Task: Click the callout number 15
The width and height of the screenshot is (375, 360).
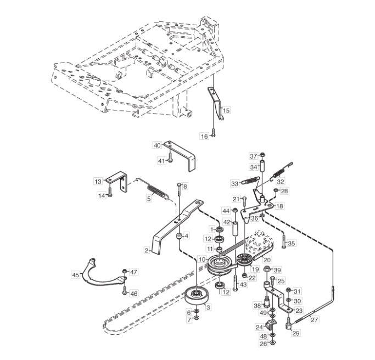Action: point(226,110)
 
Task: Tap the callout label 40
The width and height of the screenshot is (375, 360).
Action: point(158,145)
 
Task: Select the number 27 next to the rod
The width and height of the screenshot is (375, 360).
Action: point(314,319)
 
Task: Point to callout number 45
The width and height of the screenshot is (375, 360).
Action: point(76,275)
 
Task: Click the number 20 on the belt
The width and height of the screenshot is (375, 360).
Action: point(267,260)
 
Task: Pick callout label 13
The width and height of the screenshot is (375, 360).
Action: point(98,182)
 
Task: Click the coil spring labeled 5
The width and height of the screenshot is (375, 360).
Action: point(157,192)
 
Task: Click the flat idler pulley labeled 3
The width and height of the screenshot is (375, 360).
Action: point(198,296)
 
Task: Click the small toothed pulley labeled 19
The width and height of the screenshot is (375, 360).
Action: point(244,260)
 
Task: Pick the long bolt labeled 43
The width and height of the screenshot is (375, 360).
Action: point(236,283)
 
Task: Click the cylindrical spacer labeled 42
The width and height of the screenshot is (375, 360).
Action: point(235,229)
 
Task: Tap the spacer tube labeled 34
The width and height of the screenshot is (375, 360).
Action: point(262,166)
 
